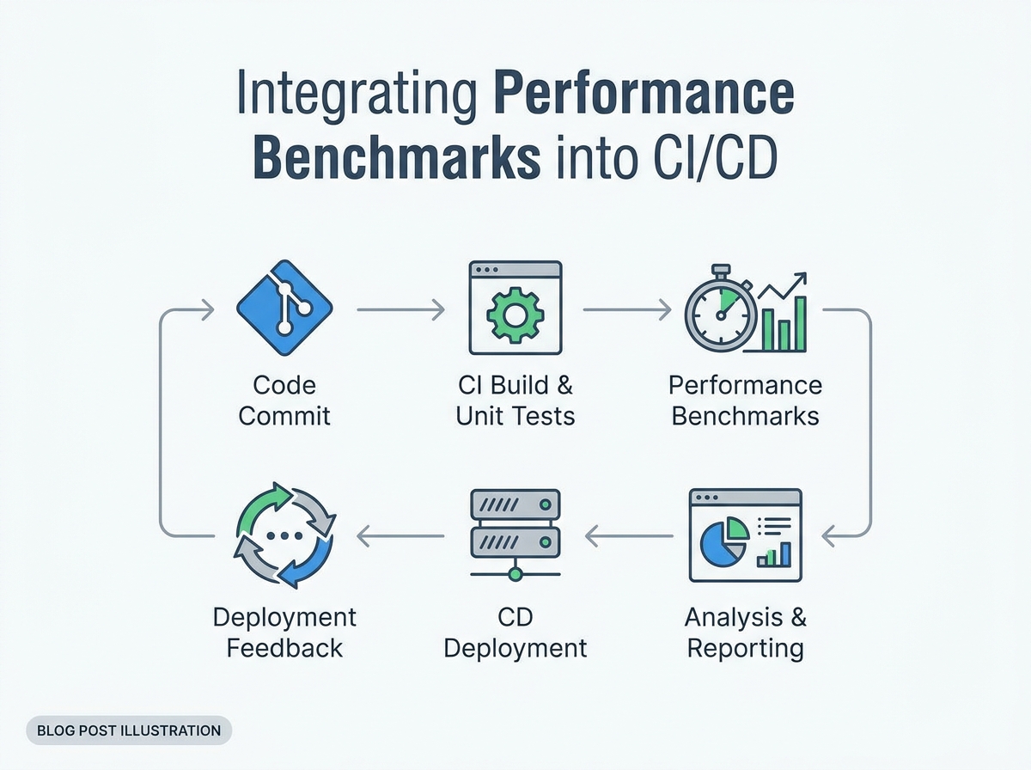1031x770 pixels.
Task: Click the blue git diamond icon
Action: click(x=285, y=310)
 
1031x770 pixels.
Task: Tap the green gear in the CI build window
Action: click(x=515, y=315)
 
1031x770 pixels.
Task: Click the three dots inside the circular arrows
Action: click(x=285, y=535)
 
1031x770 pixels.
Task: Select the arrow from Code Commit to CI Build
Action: click(x=400, y=310)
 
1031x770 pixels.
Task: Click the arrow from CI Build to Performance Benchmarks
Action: click(x=625, y=310)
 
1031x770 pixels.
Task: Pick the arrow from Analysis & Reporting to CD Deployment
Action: click(x=629, y=537)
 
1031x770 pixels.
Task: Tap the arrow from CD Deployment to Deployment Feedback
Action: click(x=400, y=537)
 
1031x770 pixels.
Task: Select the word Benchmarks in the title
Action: click(x=400, y=159)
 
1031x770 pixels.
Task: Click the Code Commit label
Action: click(x=284, y=400)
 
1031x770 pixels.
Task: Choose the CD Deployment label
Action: click(x=515, y=632)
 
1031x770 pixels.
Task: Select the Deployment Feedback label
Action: click(x=284, y=632)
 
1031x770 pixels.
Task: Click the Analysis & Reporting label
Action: click(x=745, y=632)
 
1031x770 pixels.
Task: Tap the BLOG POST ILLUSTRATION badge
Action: click(x=129, y=730)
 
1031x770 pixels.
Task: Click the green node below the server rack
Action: click(x=515, y=573)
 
